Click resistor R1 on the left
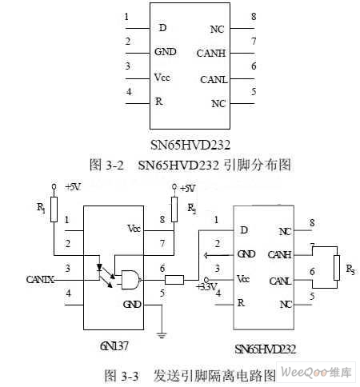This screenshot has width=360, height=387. click(x=54, y=209)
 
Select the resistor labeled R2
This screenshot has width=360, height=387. click(x=174, y=209)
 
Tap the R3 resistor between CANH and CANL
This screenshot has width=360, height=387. click(x=337, y=268)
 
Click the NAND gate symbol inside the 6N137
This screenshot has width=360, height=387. click(x=131, y=280)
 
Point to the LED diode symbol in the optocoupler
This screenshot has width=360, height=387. click(x=100, y=267)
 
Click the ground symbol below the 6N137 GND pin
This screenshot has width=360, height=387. click(x=162, y=335)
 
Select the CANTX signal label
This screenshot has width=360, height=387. click(x=40, y=280)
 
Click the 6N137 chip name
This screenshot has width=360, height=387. click(x=114, y=346)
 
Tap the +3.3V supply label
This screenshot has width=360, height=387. click(x=206, y=287)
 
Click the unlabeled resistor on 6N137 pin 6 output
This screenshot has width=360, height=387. click(x=174, y=280)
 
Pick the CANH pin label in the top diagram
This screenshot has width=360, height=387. click(x=211, y=54)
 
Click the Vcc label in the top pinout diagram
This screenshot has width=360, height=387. click(x=162, y=78)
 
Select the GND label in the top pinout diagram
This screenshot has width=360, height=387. click(x=166, y=52)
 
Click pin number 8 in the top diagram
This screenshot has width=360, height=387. click(x=254, y=17)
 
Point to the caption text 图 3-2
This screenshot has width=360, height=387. click(x=106, y=165)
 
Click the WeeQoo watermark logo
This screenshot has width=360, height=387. click(x=316, y=372)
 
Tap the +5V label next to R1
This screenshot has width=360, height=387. click(x=73, y=187)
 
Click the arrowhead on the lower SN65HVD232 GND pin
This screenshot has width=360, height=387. click(x=206, y=255)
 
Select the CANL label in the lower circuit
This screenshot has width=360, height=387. click(x=279, y=281)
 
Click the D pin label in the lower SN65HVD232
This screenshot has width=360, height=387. click(x=244, y=229)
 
